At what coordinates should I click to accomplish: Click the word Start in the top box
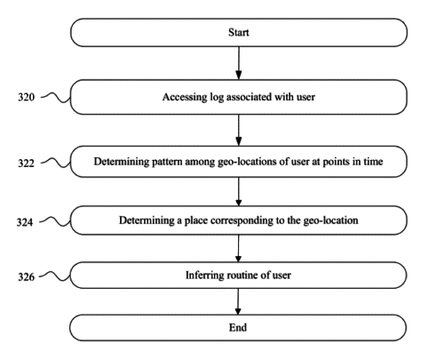pos(239,32)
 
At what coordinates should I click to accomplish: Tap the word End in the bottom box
pos(238,327)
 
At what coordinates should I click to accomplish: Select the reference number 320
pos(26,97)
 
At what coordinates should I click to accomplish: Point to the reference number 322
pos(26,164)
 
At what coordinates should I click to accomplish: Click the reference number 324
pos(25,222)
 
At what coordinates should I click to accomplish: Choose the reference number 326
pos(26,277)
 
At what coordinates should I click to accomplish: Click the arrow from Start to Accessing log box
pos(239,63)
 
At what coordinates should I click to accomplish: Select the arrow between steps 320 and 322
pos(239,130)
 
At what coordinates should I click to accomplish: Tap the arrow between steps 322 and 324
pos(239,192)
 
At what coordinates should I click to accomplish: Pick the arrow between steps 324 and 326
pos(238,248)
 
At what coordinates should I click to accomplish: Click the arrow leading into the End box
pos(238,301)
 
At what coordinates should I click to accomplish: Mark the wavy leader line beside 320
pos(56,97)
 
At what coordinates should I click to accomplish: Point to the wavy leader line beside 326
pos(55,276)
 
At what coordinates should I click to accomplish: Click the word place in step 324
pos(196,220)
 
